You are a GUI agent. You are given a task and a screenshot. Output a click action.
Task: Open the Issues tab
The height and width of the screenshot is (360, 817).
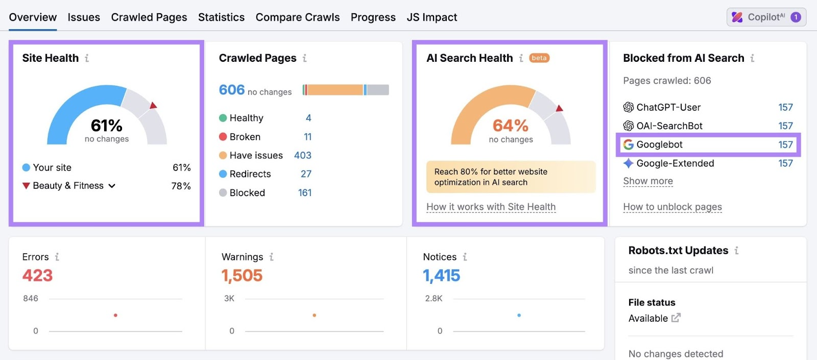[84, 17]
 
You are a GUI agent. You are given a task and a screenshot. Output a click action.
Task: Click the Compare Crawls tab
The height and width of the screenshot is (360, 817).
[297, 17]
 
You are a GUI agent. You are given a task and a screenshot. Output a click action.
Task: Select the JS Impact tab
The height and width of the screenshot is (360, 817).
[431, 17]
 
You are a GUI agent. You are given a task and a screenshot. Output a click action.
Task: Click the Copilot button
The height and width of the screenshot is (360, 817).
[766, 17]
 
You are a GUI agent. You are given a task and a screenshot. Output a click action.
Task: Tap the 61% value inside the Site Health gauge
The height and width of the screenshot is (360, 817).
[106, 125]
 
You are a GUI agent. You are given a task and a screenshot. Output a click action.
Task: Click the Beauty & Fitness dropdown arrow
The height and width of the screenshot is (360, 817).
[112, 186]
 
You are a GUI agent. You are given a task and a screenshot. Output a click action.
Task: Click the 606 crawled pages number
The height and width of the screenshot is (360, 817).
[232, 90]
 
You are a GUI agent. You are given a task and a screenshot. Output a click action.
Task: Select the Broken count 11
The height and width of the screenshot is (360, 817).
[307, 137]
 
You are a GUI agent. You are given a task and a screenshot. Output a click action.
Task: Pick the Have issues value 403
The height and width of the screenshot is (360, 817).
[302, 155]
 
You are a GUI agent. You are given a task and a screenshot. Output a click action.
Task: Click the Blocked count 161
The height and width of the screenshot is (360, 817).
[304, 193]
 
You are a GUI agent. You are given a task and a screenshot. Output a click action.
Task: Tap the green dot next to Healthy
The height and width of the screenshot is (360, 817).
[223, 118]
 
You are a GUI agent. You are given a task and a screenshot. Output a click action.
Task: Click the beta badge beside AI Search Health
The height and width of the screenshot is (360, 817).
[539, 58]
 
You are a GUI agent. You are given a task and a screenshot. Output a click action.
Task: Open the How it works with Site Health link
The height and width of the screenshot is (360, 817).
[491, 207]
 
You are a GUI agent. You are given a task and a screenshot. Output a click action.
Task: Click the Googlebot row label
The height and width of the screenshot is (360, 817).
[659, 145]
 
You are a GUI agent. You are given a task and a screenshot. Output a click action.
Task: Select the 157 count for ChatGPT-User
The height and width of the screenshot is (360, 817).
[785, 107]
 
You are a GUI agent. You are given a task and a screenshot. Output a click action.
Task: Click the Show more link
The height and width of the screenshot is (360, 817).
[647, 181]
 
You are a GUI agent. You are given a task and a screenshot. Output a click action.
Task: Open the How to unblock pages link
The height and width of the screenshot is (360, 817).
[672, 207]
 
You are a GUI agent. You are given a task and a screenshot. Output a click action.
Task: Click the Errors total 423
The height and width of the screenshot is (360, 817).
[37, 276]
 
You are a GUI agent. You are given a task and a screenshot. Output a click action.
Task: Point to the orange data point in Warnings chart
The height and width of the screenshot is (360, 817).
[314, 315]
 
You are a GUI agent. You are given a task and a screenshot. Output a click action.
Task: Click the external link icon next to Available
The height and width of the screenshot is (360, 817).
[676, 318]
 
